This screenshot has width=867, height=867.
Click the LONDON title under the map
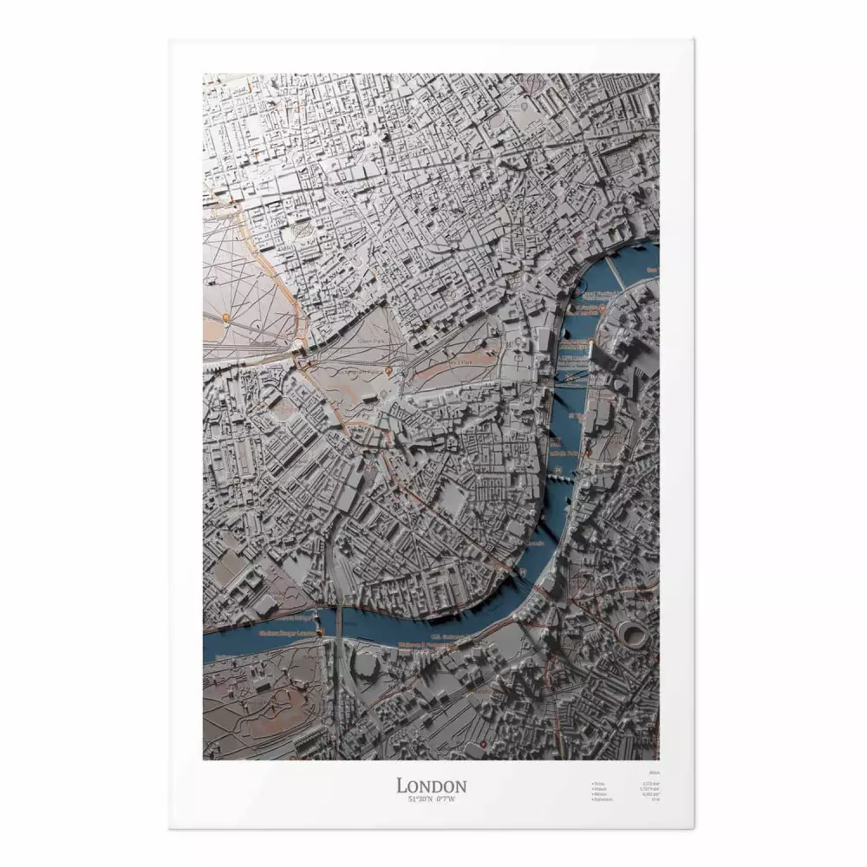pos(432,786)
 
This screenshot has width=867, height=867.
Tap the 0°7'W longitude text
pos(445,799)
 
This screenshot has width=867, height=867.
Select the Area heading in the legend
pos(654,771)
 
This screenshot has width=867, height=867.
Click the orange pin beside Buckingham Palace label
pos(388,372)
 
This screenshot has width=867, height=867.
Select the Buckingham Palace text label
pos(360,370)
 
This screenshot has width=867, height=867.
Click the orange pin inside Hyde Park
pos(225,317)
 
